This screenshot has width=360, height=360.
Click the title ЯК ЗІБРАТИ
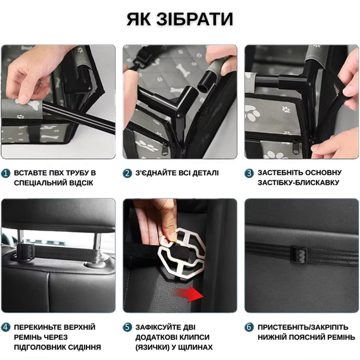click(x=180, y=19)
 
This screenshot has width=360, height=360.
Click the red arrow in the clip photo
click(x=189, y=294)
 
